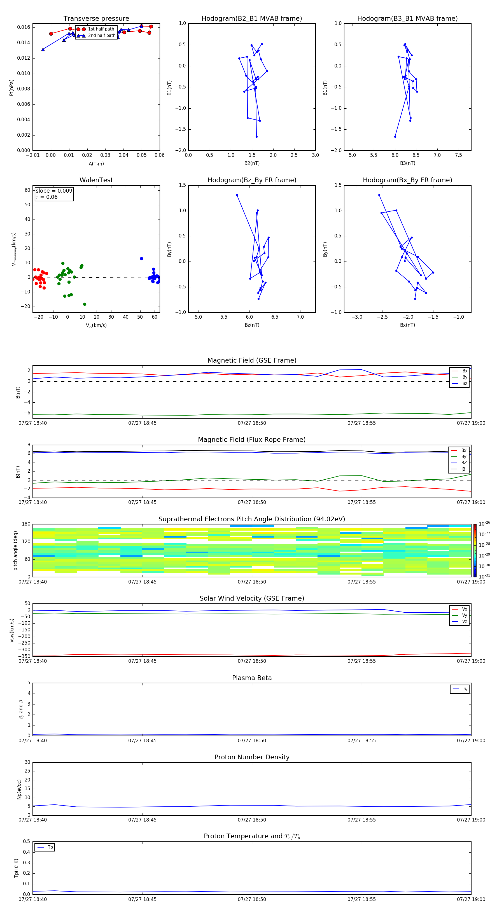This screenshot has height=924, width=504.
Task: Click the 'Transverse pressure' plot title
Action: click(96, 19)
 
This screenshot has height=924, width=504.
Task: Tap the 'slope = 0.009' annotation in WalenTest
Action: click(54, 191)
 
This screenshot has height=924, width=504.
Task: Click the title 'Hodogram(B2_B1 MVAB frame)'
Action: click(251, 19)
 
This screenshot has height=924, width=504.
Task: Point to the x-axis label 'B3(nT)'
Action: click(407, 163)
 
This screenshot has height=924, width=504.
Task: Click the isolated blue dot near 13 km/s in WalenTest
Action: click(141, 259)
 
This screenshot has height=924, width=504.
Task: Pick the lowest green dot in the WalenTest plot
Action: click(85, 304)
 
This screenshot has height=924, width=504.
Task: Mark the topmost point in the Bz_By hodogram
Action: click(237, 195)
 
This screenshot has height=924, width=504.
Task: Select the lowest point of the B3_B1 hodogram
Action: click(395, 137)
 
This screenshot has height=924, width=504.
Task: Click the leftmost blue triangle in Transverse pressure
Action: click(43, 50)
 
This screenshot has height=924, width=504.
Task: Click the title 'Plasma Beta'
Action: click(251, 678)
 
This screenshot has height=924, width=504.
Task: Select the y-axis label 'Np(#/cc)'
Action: click(19, 789)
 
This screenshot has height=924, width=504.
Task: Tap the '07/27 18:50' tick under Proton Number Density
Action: click(252, 820)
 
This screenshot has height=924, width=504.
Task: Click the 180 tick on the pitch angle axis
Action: click(26, 524)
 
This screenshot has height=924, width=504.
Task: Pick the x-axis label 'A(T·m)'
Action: click(96, 164)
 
